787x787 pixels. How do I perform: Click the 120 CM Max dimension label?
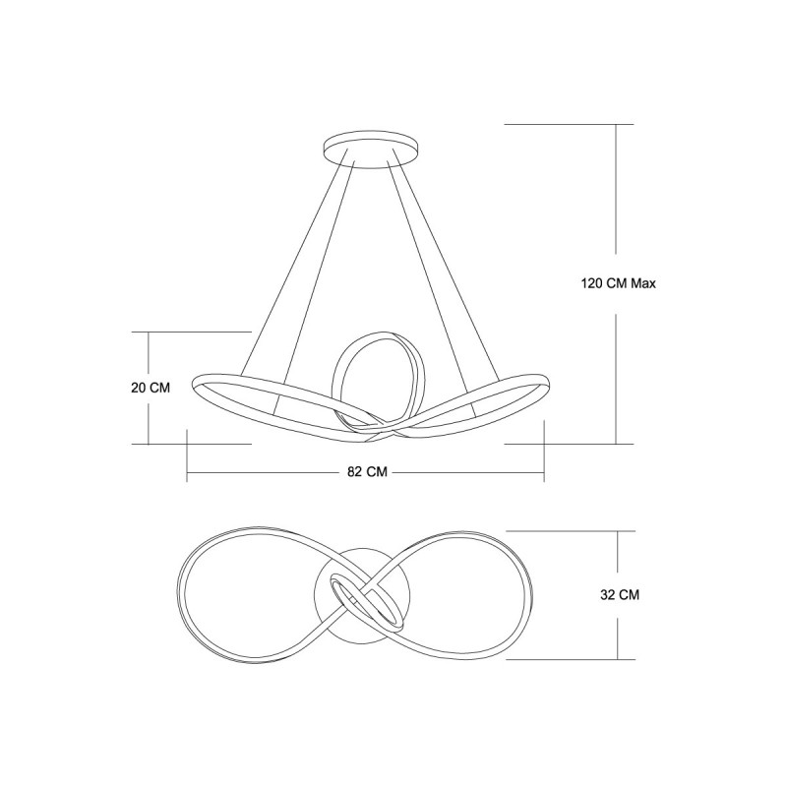[x=619, y=283]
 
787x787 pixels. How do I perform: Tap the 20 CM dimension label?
[x=151, y=388]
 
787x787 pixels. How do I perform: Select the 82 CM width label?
[x=367, y=472]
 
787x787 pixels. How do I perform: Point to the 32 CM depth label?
[x=620, y=595]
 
